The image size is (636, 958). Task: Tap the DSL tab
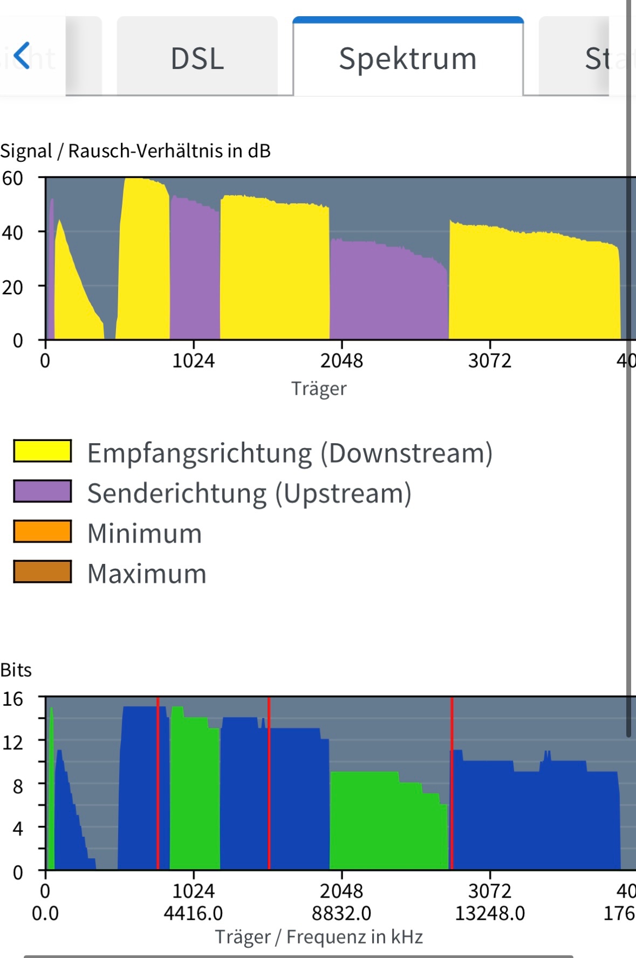tap(197, 58)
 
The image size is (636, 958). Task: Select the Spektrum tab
tap(408, 58)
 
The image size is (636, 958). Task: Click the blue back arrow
tap(22, 56)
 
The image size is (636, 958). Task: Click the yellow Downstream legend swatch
tap(43, 451)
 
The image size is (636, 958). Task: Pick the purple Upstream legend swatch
tap(43, 491)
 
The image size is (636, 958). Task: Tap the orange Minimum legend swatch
tap(43, 532)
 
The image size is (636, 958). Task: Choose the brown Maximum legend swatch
tap(43, 572)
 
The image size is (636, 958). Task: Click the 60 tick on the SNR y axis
tap(12, 178)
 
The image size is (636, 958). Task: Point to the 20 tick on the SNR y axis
tap(12, 287)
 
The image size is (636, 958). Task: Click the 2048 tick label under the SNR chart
tap(341, 361)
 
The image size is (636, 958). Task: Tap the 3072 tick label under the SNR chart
tap(489, 361)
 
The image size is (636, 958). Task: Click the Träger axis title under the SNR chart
tap(319, 389)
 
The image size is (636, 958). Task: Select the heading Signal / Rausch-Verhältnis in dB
tap(135, 151)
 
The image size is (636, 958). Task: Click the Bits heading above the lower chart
tap(16, 670)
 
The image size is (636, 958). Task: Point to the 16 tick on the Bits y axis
tap(12, 699)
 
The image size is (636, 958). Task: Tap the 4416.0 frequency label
tap(193, 913)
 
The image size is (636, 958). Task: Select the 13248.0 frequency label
tap(489, 913)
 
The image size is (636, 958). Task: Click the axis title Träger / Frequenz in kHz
tap(319, 937)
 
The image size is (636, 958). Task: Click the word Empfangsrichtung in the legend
tap(200, 453)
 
